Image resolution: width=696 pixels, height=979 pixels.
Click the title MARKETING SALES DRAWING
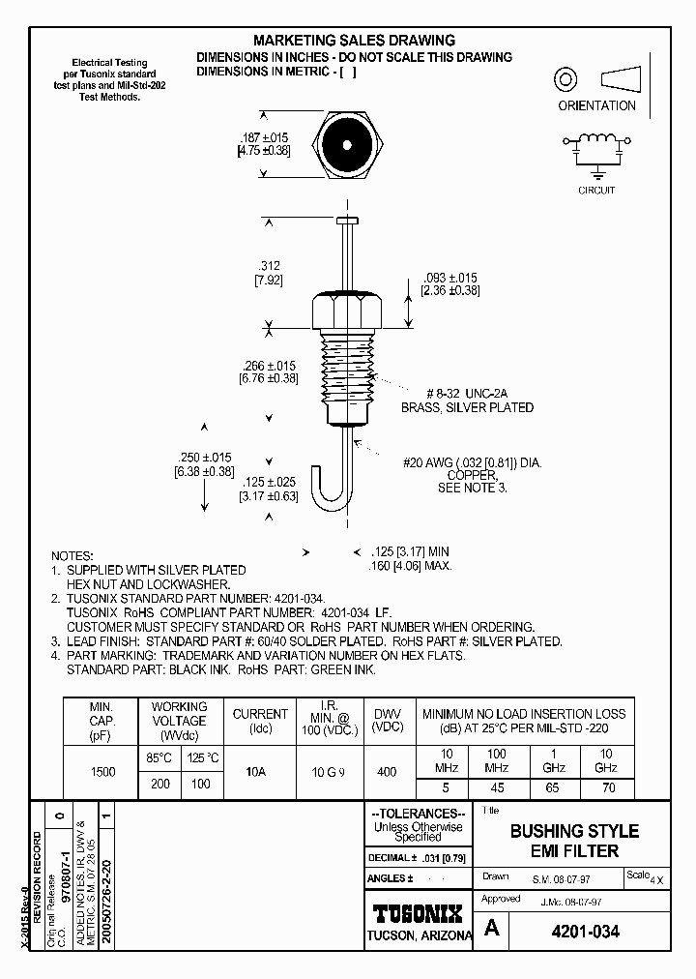coord(354,41)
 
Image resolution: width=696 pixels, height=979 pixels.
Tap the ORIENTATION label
coord(596,105)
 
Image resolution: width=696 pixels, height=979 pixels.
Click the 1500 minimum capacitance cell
coord(101,772)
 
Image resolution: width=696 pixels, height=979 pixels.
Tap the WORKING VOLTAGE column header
coord(180,721)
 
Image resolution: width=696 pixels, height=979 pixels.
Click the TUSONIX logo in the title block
coord(418,912)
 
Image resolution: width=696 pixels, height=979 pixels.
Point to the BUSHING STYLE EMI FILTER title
coord(574,841)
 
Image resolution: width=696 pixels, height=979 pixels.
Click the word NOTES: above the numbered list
coord(72,556)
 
